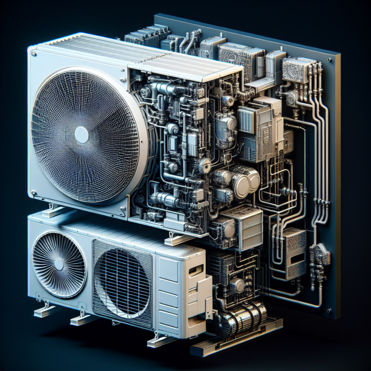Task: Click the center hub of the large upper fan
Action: click(81, 135)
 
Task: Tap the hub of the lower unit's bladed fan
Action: click(58, 264)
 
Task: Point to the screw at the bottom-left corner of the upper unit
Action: click(34, 196)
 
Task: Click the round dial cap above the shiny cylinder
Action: click(237, 285)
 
